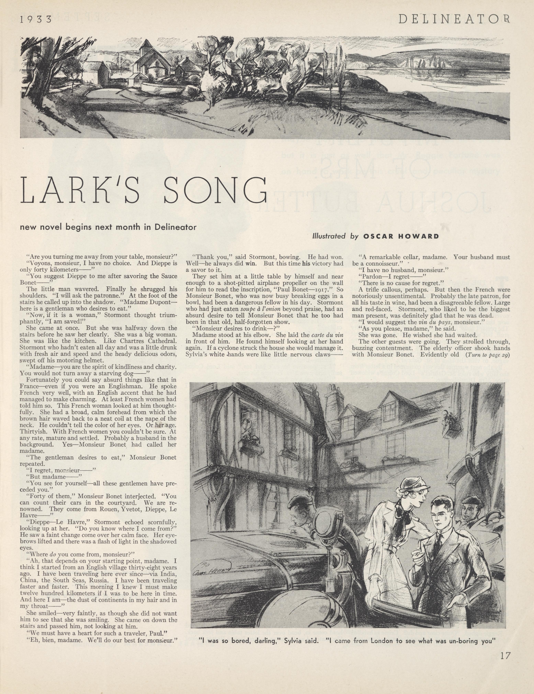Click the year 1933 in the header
coord(36,20)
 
